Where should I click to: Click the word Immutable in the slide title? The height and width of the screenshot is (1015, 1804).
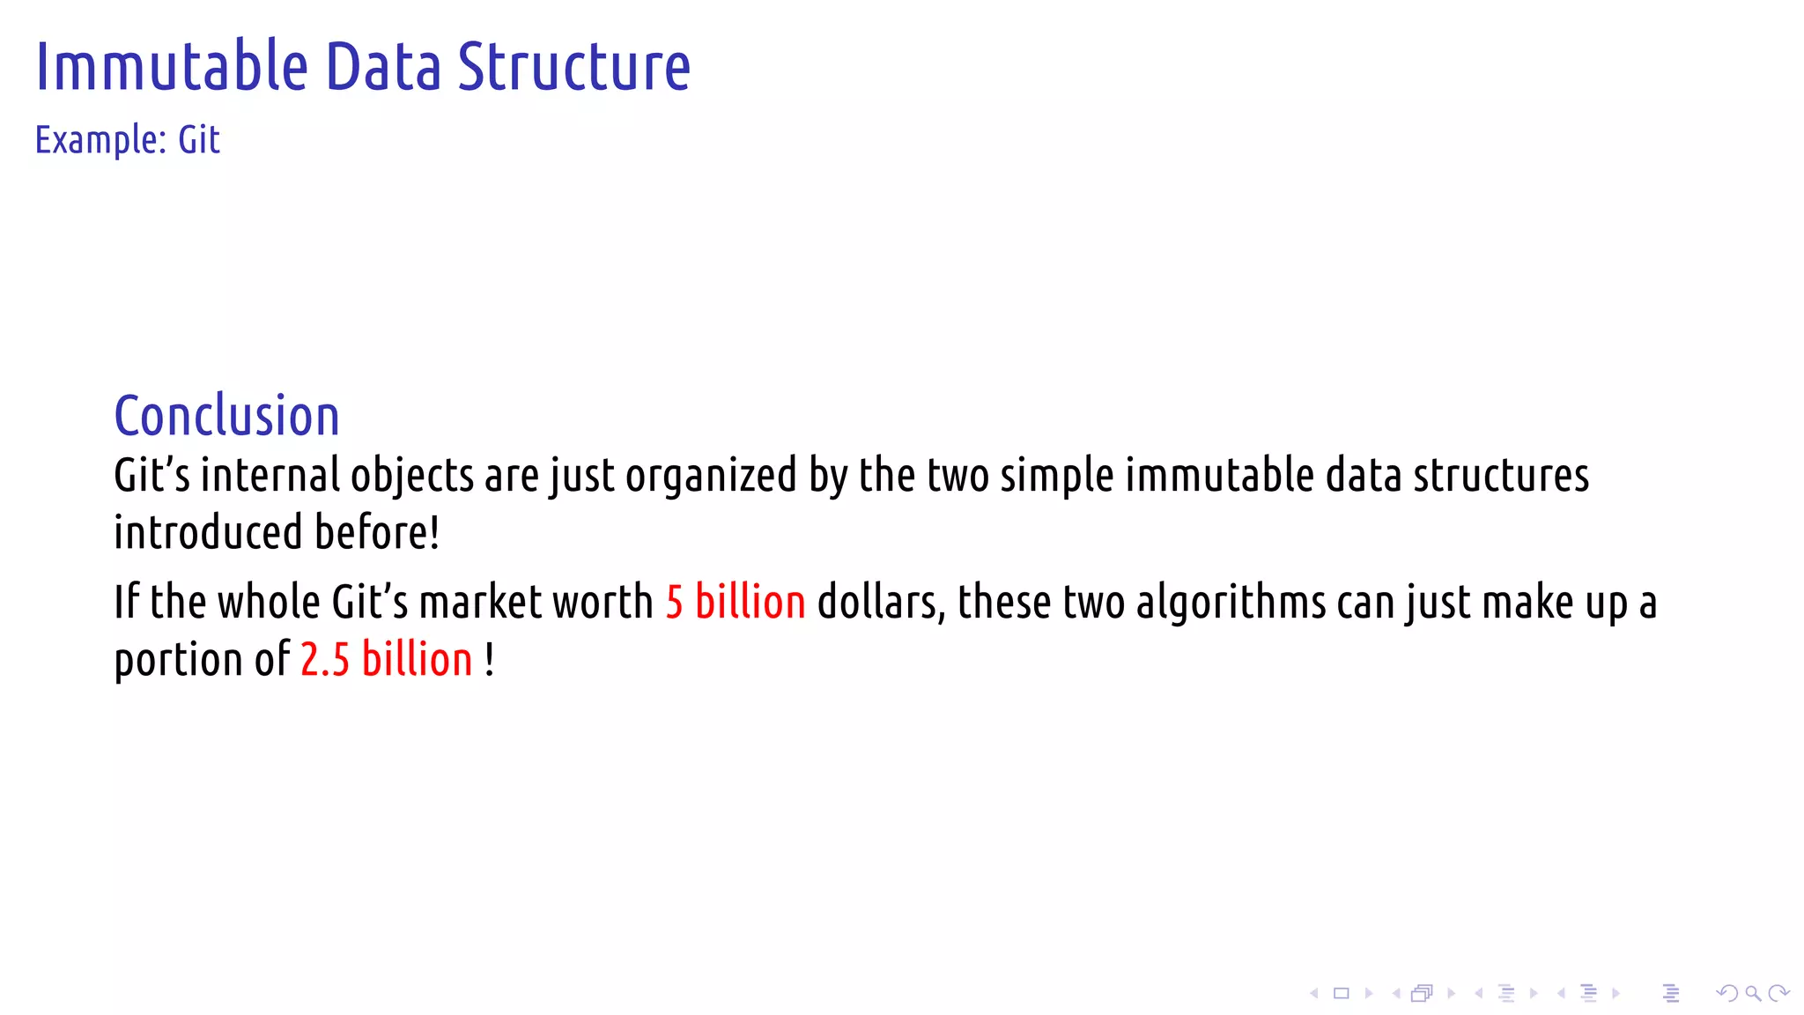(x=172, y=67)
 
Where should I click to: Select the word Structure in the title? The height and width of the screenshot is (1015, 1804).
(x=573, y=67)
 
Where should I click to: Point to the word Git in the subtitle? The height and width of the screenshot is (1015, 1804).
(x=199, y=140)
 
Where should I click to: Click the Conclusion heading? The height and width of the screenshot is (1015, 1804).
(x=226, y=416)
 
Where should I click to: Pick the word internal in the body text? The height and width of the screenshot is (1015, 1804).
(x=270, y=476)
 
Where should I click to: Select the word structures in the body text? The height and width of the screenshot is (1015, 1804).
(x=1501, y=476)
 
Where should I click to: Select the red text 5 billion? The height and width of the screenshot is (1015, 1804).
(x=736, y=603)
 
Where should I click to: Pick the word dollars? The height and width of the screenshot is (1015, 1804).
(x=881, y=603)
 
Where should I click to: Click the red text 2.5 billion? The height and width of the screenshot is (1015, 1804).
(x=387, y=660)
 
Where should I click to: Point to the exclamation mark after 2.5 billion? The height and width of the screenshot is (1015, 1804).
(x=490, y=660)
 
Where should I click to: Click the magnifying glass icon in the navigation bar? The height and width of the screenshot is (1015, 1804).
(x=1753, y=994)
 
